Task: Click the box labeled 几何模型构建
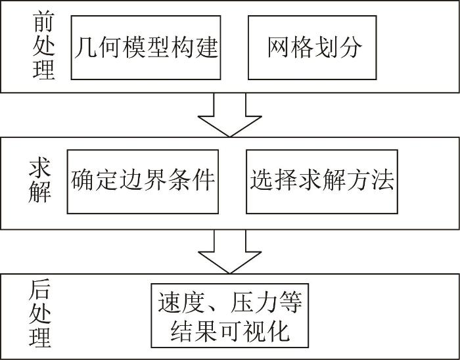[x=146, y=47]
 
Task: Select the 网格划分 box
[x=312, y=47]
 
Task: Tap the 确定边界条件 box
[x=143, y=181]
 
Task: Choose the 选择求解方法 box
[x=322, y=181]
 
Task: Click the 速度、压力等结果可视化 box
[x=230, y=315]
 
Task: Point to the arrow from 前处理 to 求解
[x=230, y=115]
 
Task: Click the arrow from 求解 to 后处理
[x=230, y=252]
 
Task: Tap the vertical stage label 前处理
[x=44, y=46]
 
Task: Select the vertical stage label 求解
[x=40, y=181]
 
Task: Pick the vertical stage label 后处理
[x=40, y=313]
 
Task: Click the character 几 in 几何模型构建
[x=85, y=48]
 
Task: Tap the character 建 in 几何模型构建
[x=207, y=48]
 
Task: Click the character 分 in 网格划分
[x=351, y=47]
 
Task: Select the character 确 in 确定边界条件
[x=82, y=179]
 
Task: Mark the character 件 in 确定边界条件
[x=203, y=179]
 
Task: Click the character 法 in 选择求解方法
[x=382, y=179]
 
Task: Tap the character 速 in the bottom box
[x=170, y=302]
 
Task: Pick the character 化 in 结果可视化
[x=278, y=330]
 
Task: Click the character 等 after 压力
[x=290, y=302]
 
